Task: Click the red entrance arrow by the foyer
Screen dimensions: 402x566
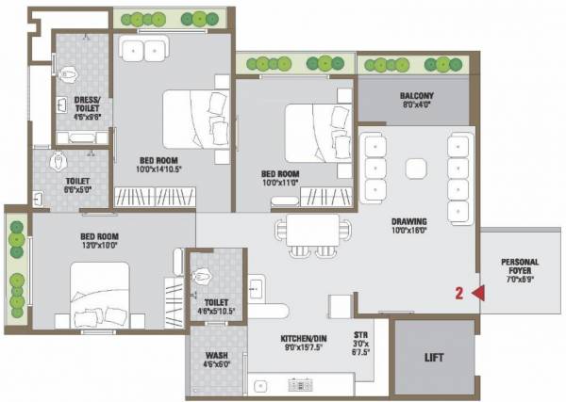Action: click(477, 293)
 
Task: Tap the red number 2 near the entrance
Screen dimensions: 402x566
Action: click(458, 293)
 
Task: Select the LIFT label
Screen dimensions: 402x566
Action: click(434, 359)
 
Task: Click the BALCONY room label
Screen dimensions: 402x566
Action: click(415, 97)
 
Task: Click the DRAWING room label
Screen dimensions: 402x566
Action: click(411, 220)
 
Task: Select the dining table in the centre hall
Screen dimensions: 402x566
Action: click(312, 231)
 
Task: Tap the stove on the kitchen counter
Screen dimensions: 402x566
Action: click(301, 384)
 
